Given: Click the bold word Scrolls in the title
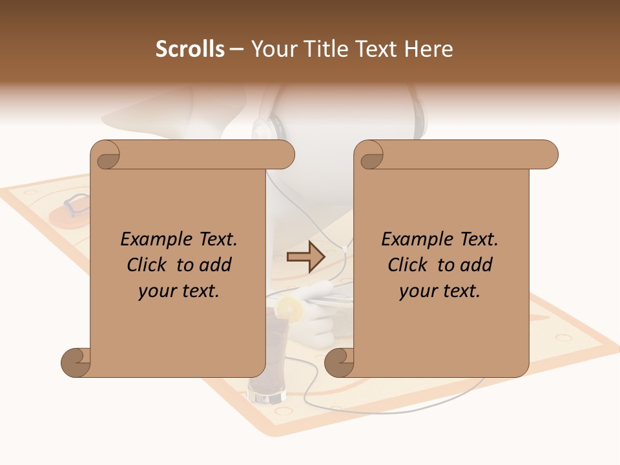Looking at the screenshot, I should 191,49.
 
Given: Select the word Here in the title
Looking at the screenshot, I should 429,49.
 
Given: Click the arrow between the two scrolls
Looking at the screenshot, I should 306,257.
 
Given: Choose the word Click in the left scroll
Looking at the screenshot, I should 149,265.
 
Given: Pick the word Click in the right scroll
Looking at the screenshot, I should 410,265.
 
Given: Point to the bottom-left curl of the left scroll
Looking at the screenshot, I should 75,362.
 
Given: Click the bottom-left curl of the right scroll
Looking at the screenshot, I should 338,362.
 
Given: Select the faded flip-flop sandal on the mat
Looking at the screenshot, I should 72,208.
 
